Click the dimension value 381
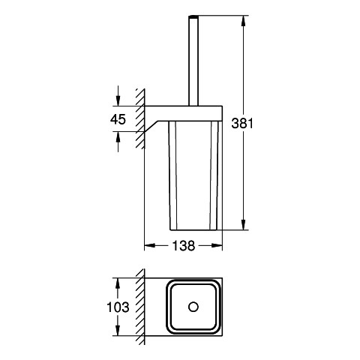(242, 124)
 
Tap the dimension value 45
(118, 119)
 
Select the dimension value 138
(184, 246)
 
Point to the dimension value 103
(118, 307)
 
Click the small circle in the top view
(193, 307)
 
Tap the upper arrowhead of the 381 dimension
(243, 21)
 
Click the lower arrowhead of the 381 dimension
(243, 224)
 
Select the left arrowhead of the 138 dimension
(150, 245)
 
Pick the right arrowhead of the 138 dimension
(217, 245)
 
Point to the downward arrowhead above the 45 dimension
(118, 100)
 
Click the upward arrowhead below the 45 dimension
(118, 137)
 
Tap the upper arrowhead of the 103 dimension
(118, 283)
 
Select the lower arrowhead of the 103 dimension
(118, 330)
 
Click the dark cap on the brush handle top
(193, 17)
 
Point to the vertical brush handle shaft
(193, 62)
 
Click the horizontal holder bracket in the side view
(184, 113)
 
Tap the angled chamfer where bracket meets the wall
(151, 127)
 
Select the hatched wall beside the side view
(140, 118)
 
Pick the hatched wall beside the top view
(140, 307)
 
